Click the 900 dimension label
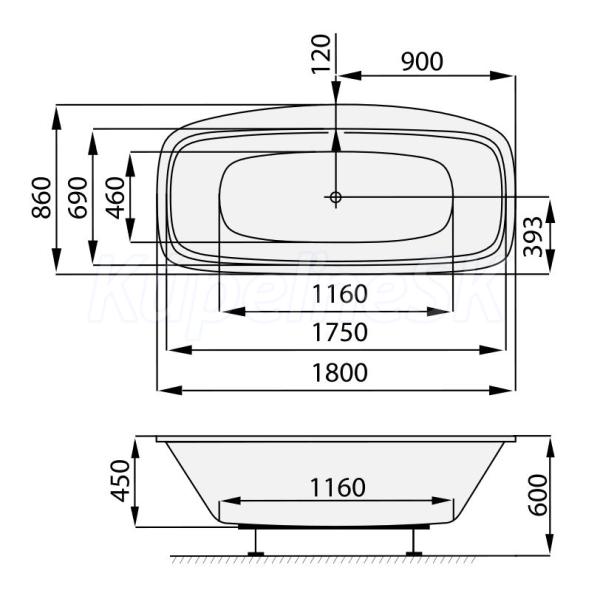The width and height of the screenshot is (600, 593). (422, 61)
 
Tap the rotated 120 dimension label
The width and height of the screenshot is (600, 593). (321, 54)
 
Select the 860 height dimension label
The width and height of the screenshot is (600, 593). (41, 198)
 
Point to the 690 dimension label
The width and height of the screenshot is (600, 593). (78, 198)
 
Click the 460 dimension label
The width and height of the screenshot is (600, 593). (115, 198)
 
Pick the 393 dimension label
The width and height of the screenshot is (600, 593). (533, 237)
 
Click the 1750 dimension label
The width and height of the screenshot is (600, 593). (340, 332)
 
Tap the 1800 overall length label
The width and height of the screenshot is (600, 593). (340, 373)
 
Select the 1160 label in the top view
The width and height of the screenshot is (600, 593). (340, 294)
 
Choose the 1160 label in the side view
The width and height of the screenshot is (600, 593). (338, 487)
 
